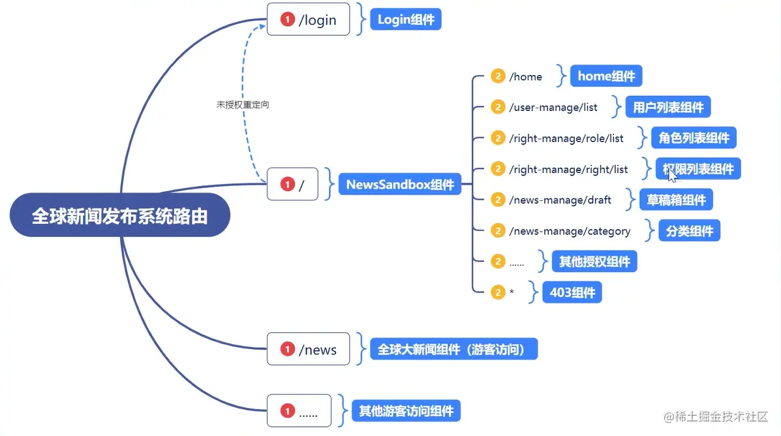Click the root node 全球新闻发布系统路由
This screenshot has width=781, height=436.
click(120, 215)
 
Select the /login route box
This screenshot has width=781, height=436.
click(309, 19)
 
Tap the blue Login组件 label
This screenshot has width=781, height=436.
click(406, 19)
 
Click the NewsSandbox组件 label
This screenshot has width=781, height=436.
click(400, 184)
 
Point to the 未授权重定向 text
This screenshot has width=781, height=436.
click(243, 104)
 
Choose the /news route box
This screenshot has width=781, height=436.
click(309, 349)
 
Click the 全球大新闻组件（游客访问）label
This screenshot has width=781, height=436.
click(453, 349)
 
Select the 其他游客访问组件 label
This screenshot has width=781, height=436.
click(406, 411)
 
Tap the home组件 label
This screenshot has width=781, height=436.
click(606, 76)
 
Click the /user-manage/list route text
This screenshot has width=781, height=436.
click(553, 107)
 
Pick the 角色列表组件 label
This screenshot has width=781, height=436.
click(694, 138)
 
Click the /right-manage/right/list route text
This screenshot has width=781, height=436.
click(568, 170)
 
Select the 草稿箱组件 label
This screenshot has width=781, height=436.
click(676, 200)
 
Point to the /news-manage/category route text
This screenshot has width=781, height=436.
click(570, 231)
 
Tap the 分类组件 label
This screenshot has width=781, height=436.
click(690, 230)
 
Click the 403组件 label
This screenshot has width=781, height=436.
click(572, 292)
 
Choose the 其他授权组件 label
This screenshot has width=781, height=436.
click(594, 261)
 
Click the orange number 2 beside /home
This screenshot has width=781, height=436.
click(498, 76)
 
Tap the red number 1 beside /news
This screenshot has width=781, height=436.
click(287, 349)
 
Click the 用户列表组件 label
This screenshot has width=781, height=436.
click(668, 106)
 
